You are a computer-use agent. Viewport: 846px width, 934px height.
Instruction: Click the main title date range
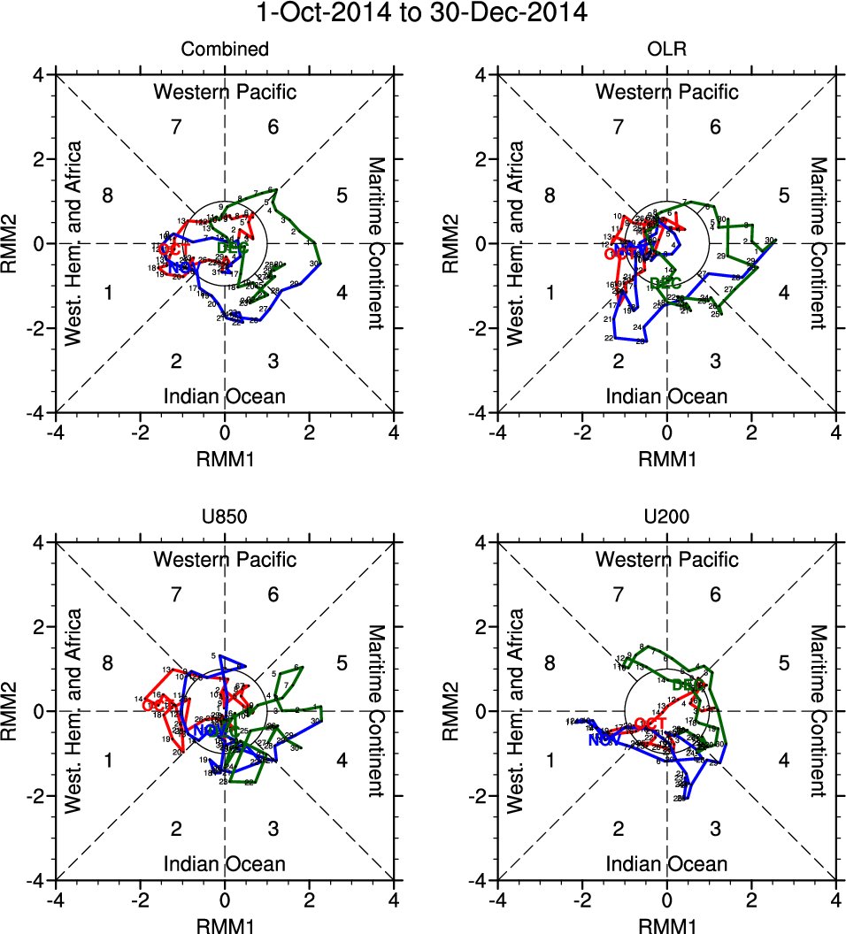coord(422,14)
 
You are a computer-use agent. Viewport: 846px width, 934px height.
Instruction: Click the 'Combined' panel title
coord(225,50)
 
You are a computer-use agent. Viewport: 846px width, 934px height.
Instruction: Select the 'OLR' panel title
coord(666,50)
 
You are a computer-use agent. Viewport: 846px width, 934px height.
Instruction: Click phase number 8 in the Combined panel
coord(107,195)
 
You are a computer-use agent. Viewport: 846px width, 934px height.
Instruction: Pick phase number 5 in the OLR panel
coord(784,195)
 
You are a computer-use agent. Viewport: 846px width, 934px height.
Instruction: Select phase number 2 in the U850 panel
coord(176,829)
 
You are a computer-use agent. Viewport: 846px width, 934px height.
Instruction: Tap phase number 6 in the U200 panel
coord(715,594)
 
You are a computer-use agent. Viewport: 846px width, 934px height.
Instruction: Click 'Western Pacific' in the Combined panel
coord(225,92)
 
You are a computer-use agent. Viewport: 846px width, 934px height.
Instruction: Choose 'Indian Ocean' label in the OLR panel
coord(666,396)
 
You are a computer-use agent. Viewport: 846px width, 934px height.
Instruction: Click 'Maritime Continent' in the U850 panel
coord(376,710)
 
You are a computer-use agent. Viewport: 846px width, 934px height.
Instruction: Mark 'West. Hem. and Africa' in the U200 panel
coord(517,710)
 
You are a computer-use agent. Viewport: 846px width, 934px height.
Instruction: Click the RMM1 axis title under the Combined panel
coord(225,458)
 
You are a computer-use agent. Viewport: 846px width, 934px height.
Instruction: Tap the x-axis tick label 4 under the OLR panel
coord(836,432)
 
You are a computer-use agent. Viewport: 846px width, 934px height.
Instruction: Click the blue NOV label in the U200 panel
coord(604,739)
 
